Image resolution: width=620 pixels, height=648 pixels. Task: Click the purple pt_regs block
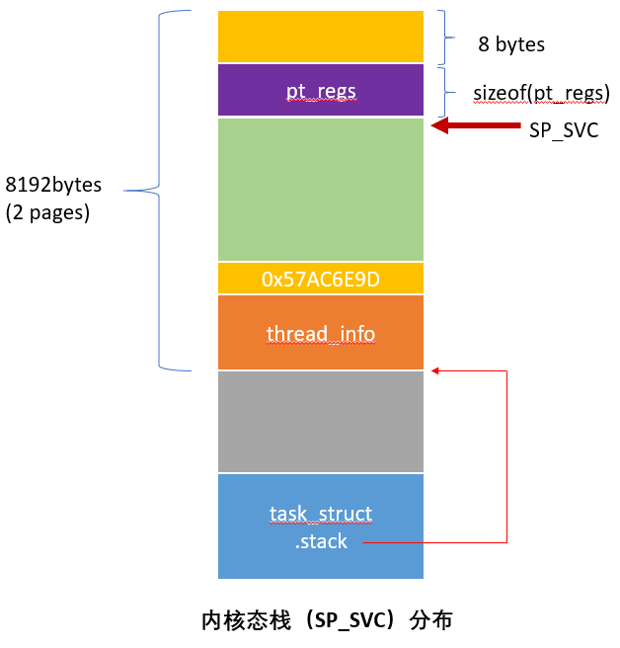pyautogui.click(x=321, y=91)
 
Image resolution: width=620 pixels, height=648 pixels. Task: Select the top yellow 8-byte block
pyautogui.click(x=321, y=37)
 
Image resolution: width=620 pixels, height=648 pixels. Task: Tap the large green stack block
pyautogui.click(x=321, y=189)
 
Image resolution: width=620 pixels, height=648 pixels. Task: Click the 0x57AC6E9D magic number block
pyautogui.click(x=321, y=279)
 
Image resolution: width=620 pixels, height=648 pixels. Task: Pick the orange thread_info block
pyautogui.click(x=321, y=333)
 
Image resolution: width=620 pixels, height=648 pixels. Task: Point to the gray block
pyautogui.click(x=321, y=421)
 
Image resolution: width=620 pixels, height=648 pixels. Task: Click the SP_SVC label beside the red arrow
pyautogui.click(x=564, y=130)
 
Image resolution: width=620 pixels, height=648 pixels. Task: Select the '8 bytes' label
pyautogui.click(x=510, y=44)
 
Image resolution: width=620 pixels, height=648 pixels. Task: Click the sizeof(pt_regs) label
pyautogui.click(x=541, y=93)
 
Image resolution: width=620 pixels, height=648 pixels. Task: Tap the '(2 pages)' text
pyautogui.click(x=47, y=212)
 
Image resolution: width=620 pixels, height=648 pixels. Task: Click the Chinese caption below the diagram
pyautogui.click(x=326, y=620)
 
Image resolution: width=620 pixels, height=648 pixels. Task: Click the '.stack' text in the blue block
pyautogui.click(x=321, y=541)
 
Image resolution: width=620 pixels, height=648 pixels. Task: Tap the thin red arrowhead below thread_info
pyautogui.click(x=435, y=371)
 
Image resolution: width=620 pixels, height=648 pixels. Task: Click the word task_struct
pyautogui.click(x=321, y=514)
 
